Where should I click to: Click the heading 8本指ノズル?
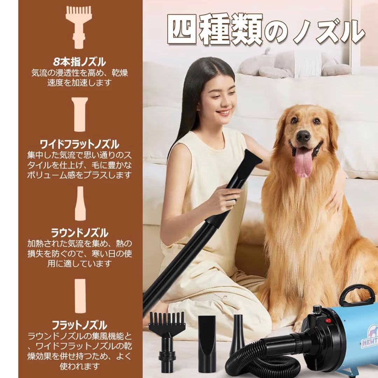79,63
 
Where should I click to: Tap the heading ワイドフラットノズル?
79,144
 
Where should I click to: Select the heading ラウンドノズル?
80,233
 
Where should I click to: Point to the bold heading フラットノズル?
80,325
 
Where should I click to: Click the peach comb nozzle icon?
79,26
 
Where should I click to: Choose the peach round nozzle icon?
80,203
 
